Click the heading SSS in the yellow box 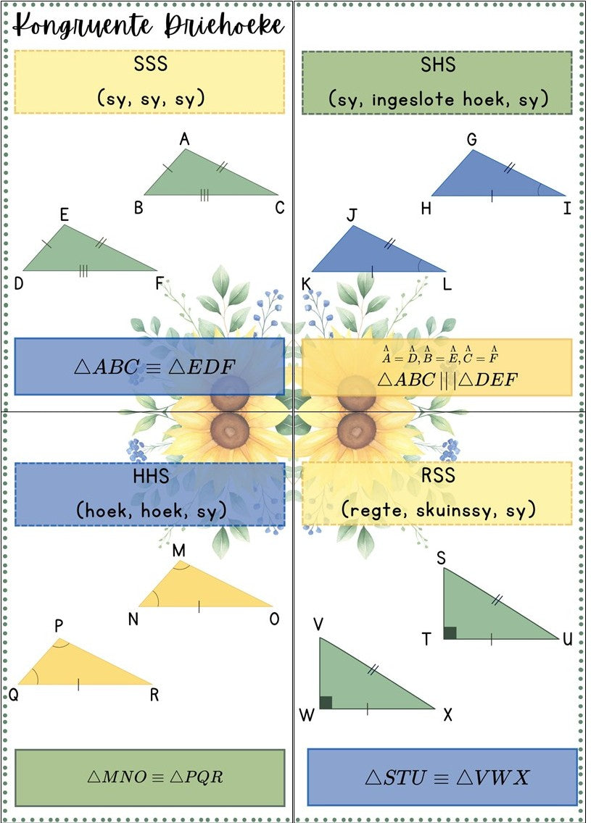[150, 64]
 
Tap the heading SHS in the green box [437, 64]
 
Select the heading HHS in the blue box [151, 476]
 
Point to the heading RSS [437, 475]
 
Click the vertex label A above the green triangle [184, 139]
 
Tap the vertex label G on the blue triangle [472, 140]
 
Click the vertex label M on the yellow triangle [178, 550]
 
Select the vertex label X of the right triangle [447, 714]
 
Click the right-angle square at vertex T [450, 632]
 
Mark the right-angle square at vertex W [326, 702]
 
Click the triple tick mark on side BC [204, 196]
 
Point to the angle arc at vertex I [540, 190]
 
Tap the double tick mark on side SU [497, 599]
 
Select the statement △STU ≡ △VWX [447, 777]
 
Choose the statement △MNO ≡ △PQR [155, 777]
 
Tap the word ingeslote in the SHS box [413, 99]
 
